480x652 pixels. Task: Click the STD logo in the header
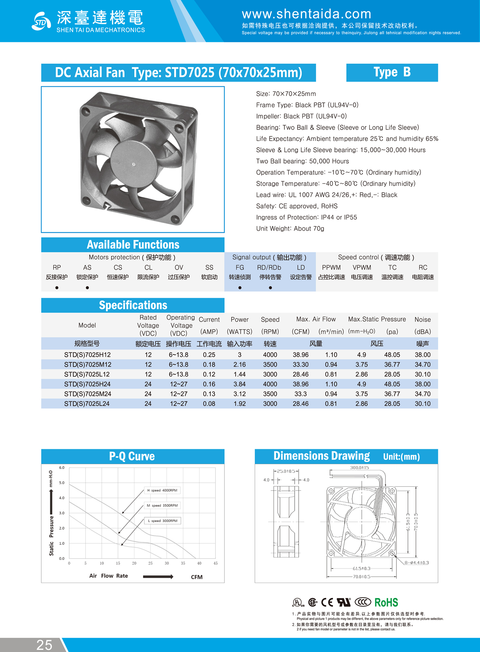41,21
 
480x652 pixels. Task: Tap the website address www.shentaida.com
306,14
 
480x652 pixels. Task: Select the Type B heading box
392,72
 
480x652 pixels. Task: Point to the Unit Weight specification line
290,228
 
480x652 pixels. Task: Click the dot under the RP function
57,288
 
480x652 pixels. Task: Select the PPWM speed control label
331,268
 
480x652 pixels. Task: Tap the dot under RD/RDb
270,288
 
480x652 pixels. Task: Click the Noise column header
422,320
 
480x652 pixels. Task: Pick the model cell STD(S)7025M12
88,364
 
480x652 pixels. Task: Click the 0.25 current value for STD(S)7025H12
209,355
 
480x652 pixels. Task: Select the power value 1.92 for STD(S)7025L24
240,404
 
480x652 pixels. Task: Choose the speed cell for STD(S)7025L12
270,374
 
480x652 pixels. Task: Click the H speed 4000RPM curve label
162,490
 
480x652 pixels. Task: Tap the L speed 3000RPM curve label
162,521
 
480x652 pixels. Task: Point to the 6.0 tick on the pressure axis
62,468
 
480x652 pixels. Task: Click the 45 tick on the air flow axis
216,563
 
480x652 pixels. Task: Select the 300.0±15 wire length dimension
359,468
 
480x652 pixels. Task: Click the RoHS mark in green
386,602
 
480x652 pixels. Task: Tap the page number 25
44,645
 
